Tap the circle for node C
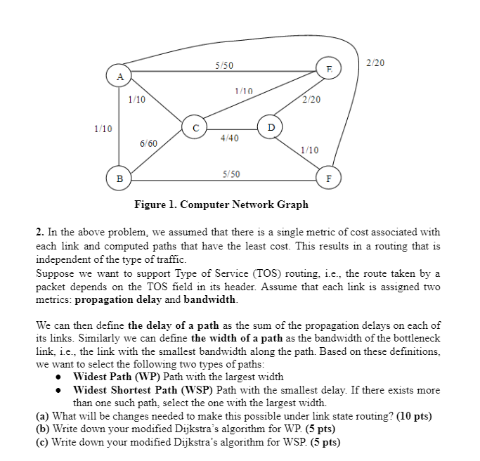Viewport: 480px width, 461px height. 195,127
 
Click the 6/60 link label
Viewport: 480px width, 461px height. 148,143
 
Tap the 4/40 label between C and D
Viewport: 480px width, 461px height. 229,138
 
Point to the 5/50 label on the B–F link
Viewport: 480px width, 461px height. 231,173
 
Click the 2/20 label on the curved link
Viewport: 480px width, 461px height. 376,63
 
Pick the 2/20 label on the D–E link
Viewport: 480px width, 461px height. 311,100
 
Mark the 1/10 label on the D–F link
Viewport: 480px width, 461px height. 309,150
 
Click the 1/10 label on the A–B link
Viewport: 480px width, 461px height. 103,129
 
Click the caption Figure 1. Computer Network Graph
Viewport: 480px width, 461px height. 221,204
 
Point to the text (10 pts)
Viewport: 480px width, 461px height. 415,416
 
